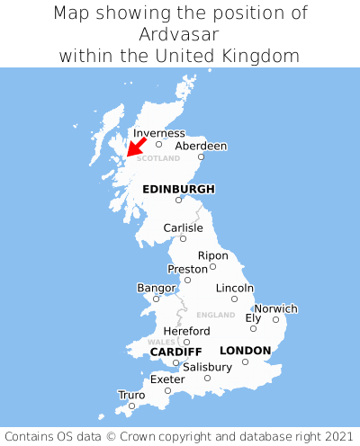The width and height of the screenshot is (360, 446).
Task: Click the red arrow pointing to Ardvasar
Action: [136, 147]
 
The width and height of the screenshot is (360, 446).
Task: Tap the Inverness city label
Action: [159, 133]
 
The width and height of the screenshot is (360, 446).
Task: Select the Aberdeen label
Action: [201, 146]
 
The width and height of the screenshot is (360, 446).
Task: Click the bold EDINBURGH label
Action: [178, 189]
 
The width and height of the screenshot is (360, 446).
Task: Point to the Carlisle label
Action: [183, 228]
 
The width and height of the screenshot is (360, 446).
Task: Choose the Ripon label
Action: [213, 255]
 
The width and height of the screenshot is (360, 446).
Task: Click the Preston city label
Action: [187, 269]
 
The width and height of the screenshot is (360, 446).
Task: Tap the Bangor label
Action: [156, 288]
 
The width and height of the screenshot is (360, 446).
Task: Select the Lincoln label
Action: [235, 288]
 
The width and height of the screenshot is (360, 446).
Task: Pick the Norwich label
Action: [275, 308]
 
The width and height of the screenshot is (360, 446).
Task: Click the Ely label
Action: [253, 318]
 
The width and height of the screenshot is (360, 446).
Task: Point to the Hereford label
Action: [186, 331]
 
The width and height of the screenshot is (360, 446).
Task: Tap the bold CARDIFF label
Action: [175, 351]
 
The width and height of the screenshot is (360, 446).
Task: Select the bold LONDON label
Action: [245, 350]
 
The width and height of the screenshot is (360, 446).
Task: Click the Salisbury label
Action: [207, 367]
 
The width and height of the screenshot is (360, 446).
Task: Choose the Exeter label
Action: [167, 379]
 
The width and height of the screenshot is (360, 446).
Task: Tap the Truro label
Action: [131, 395]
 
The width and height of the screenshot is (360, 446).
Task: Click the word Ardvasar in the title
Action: [180, 34]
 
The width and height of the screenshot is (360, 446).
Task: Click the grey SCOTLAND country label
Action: [158, 158]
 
